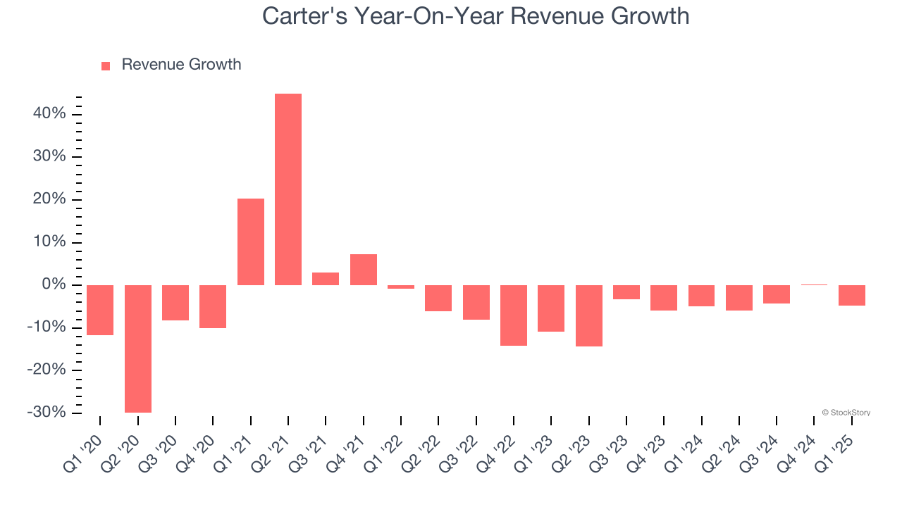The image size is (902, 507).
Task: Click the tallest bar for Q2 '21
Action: (288, 189)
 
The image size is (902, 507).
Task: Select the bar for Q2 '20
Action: (138, 349)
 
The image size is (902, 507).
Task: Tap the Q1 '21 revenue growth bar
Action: (251, 242)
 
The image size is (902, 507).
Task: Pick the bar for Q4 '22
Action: (514, 315)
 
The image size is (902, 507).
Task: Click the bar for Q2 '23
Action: (589, 315)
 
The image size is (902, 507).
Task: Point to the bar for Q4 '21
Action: (364, 270)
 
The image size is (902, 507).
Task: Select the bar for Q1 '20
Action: (100, 310)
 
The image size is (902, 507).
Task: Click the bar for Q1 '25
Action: (852, 295)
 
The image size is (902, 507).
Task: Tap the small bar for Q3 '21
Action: (326, 279)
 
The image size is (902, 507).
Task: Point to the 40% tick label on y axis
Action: (49, 114)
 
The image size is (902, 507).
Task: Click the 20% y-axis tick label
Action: (49, 199)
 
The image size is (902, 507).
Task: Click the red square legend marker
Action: (106, 65)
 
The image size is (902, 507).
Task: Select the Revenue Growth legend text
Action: (181, 65)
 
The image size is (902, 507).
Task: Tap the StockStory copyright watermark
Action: (846, 413)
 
